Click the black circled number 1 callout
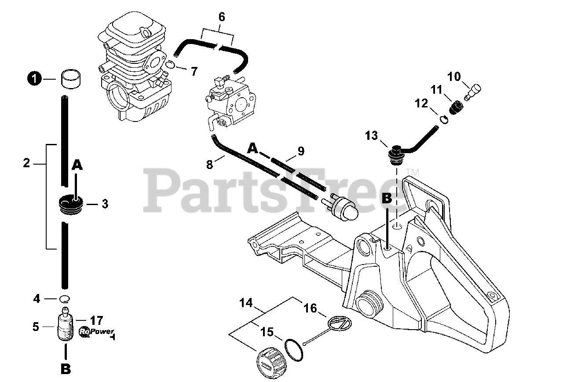click(x=34, y=79)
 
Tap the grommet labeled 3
click(x=69, y=205)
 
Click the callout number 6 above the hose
click(x=222, y=17)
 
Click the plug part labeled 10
click(x=471, y=91)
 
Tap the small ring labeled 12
click(x=444, y=119)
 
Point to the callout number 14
click(x=246, y=303)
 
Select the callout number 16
click(x=311, y=308)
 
